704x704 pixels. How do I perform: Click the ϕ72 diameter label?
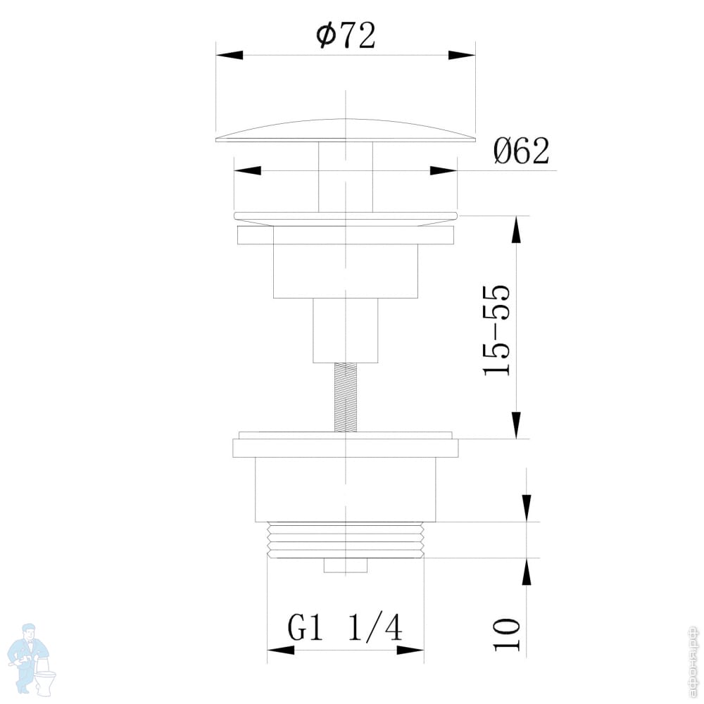[x=346, y=35]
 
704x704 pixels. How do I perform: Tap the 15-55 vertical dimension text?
[x=496, y=329]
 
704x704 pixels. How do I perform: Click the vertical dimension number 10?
[x=507, y=634]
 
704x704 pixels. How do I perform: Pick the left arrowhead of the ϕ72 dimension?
[x=230, y=55]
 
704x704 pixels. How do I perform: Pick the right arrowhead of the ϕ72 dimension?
[x=462, y=55]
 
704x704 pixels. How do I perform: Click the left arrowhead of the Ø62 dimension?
[x=247, y=170]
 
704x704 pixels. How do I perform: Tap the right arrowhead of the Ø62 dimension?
[x=444, y=170]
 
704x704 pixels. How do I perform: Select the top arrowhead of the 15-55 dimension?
[x=517, y=230]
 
